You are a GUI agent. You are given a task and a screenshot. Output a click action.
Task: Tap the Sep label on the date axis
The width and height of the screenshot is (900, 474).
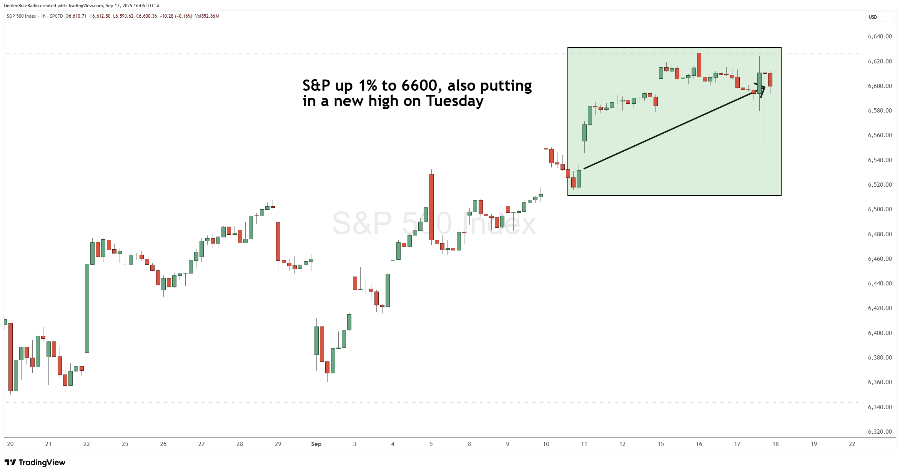pos(316,444)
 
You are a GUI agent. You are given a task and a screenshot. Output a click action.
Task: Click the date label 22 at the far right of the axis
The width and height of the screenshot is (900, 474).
pos(852,444)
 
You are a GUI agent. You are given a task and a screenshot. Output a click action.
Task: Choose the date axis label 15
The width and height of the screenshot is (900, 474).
pos(660,444)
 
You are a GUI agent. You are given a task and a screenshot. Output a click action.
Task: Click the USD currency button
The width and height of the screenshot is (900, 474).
pos(873,17)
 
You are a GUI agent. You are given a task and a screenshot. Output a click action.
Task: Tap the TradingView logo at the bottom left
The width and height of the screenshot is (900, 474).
pos(35,462)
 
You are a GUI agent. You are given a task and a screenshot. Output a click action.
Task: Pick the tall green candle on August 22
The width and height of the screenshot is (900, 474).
pos(87,308)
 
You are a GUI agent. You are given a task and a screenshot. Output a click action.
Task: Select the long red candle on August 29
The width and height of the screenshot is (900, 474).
pos(278,241)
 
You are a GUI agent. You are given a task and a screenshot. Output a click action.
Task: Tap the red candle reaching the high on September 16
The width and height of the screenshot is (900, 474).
pos(699,65)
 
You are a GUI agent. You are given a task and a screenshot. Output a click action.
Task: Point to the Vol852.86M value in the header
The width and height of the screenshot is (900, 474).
pos(207,16)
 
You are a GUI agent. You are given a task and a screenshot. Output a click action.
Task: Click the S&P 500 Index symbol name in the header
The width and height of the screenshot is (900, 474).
pos(22,16)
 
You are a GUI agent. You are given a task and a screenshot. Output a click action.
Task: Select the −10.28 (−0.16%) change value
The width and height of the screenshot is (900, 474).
pos(176,16)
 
